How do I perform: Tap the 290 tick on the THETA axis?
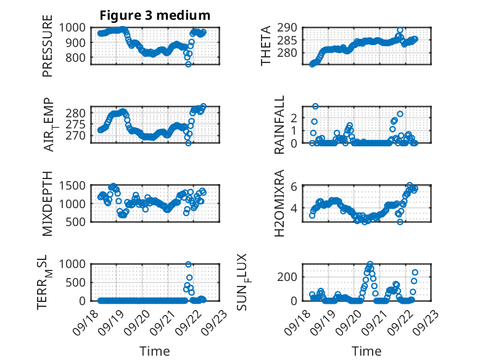(x=290, y=28)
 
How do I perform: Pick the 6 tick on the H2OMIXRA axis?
(x=296, y=186)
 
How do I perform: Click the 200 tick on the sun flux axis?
(x=290, y=276)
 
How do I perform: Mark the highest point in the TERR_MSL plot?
(x=189, y=264)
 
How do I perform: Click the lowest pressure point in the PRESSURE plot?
(x=189, y=64)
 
